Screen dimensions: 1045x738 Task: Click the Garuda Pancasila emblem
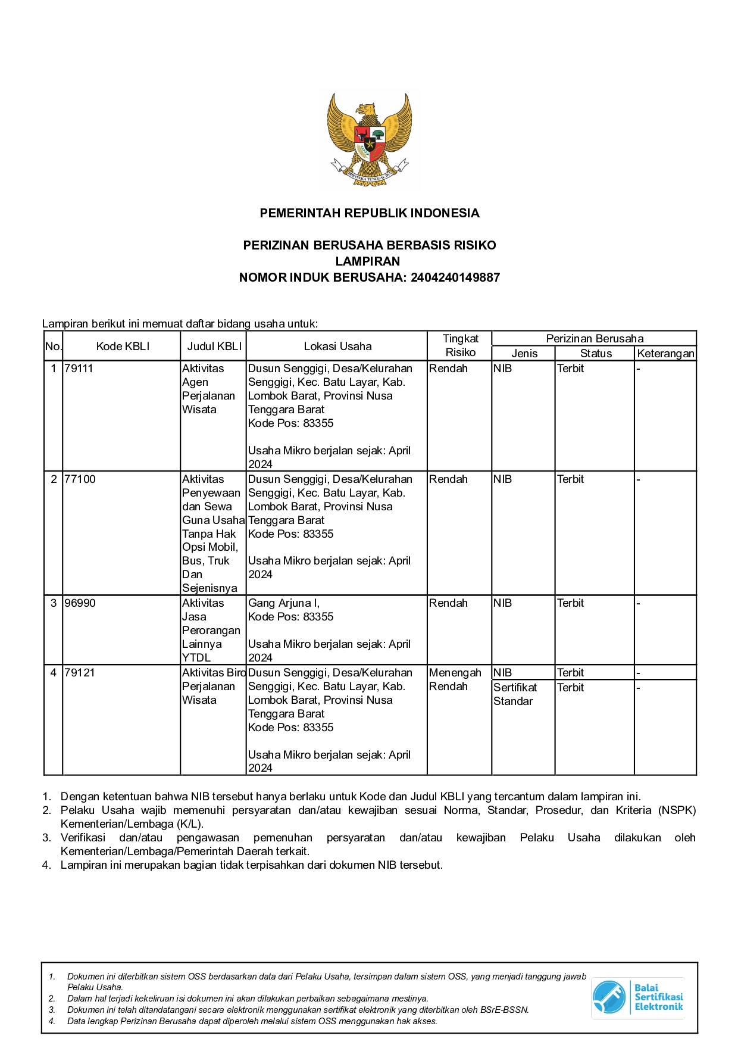click(369, 139)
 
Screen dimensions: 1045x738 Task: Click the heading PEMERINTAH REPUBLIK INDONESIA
click(369, 213)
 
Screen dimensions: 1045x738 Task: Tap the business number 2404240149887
click(455, 277)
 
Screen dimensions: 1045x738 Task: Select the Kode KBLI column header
click(123, 346)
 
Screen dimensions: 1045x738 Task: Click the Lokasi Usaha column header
click(337, 346)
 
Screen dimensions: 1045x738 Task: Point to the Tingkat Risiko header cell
click(460, 345)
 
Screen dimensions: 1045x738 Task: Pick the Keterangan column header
click(665, 353)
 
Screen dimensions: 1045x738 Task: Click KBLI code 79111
click(79, 369)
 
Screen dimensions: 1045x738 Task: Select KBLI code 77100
click(80, 479)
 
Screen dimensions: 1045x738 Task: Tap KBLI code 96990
click(80, 603)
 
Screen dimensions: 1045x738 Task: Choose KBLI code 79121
click(80, 673)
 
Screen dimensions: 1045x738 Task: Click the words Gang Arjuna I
click(283, 603)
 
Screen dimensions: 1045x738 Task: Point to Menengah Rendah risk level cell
click(455, 679)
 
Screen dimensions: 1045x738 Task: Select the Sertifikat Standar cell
click(515, 694)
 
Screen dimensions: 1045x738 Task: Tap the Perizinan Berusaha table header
click(595, 338)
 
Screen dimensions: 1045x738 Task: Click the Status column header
click(596, 353)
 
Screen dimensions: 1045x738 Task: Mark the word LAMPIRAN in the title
click(368, 261)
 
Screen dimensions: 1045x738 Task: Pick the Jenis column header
click(524, 353)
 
